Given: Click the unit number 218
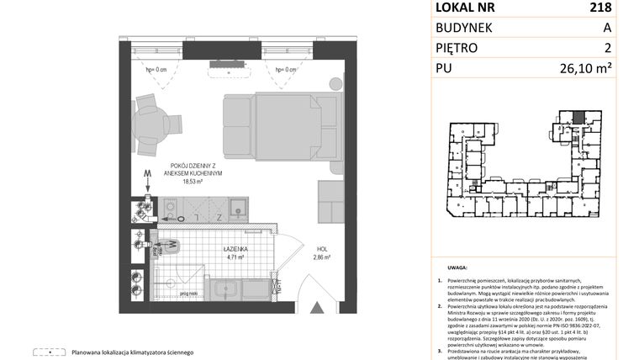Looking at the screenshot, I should tap(614, 8).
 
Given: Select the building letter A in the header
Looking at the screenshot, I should tap(619, 28).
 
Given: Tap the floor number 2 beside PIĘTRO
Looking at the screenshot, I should tap(620, 48).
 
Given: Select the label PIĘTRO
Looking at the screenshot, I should tap(461, 48).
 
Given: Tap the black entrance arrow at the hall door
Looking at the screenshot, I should tap(316, 310).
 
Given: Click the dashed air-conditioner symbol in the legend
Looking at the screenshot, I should tap(50, 352).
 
